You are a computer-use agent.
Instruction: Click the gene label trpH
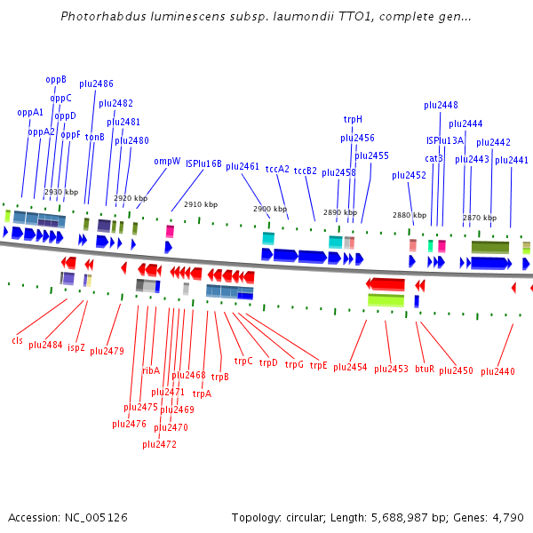(353, 119)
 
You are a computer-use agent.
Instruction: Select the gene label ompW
(167, 161)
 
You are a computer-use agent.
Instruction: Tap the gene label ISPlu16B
(203, 163)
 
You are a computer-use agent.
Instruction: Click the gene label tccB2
(306, 170)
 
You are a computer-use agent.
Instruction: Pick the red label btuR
(425, 368)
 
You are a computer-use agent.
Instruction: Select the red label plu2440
(497, 371)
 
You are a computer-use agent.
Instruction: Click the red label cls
(17, 340)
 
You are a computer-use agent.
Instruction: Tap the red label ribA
(151, 370)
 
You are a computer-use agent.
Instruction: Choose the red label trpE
(318, 364)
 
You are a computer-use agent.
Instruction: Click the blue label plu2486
(96, 84)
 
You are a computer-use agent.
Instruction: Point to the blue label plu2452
(409, 175)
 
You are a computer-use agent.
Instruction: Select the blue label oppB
(56, 79)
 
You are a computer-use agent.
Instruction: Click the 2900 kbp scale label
(269, 210)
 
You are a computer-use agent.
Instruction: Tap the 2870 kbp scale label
(479, 218)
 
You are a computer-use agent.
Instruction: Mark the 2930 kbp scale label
(61, 192)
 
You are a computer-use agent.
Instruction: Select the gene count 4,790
(506, 517)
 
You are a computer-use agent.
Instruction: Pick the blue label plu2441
(511, 160)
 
